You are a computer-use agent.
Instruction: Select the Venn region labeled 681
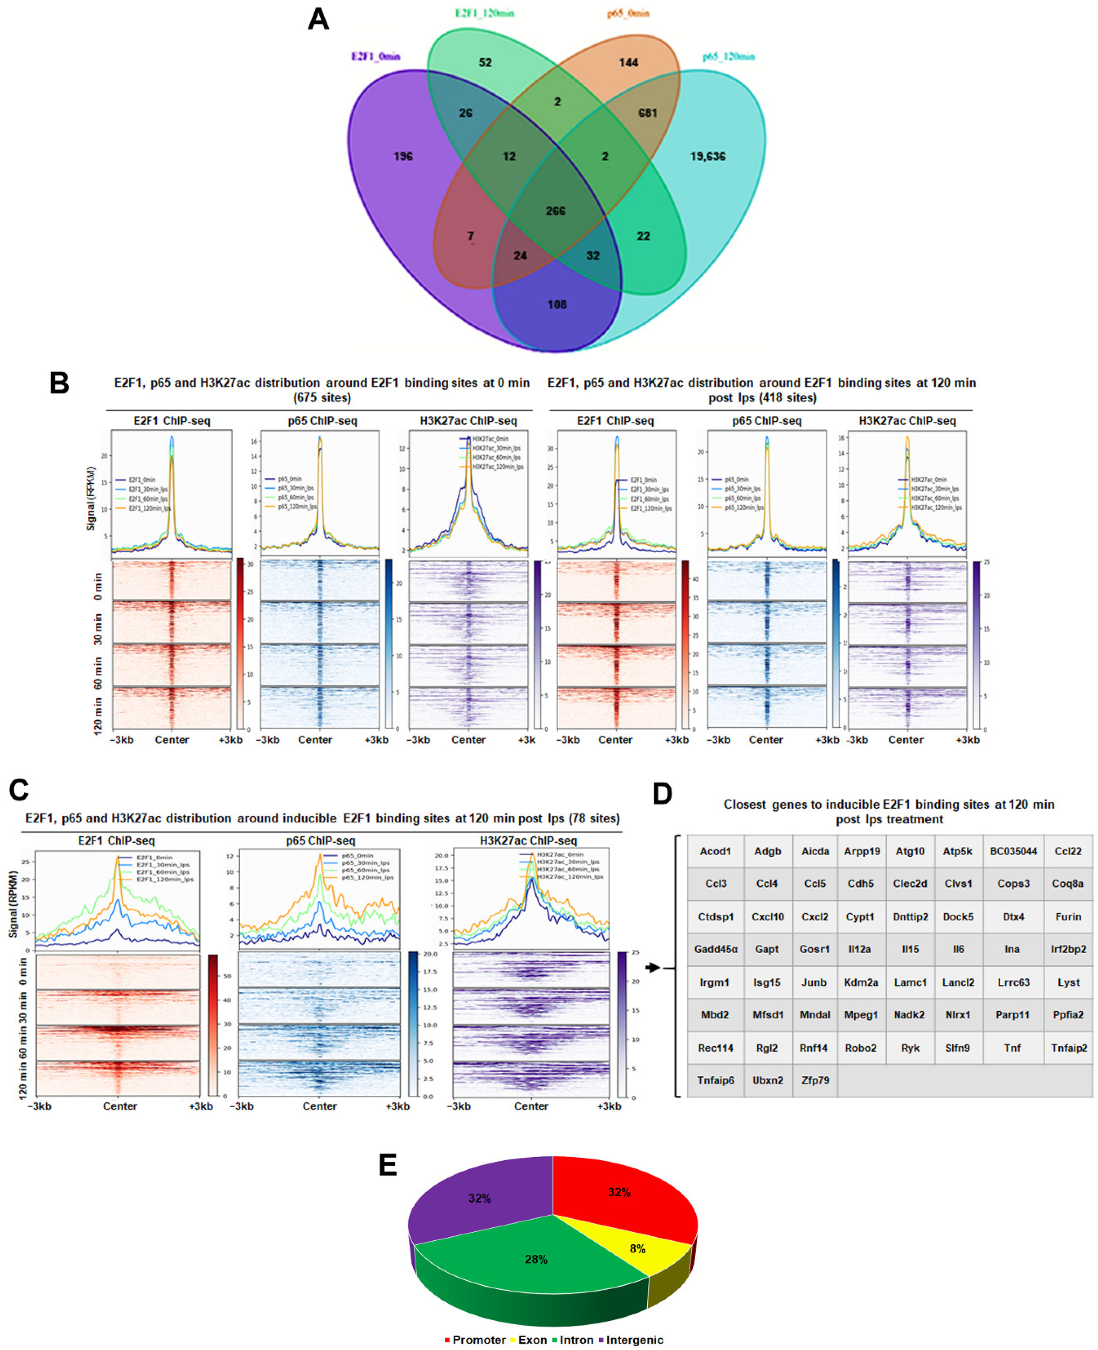(x=647, y=113)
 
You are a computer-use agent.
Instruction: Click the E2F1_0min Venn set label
(x=376, y=56)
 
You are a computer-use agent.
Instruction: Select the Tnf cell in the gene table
(x=1012, y=1048)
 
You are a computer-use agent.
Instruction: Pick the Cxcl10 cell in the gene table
(x=767, y=917)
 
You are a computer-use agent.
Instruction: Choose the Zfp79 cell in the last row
(x=815, y=1080)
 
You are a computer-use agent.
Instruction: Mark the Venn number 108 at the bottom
(x=557, y=305)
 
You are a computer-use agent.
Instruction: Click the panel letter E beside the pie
(x=388, y=1165)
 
